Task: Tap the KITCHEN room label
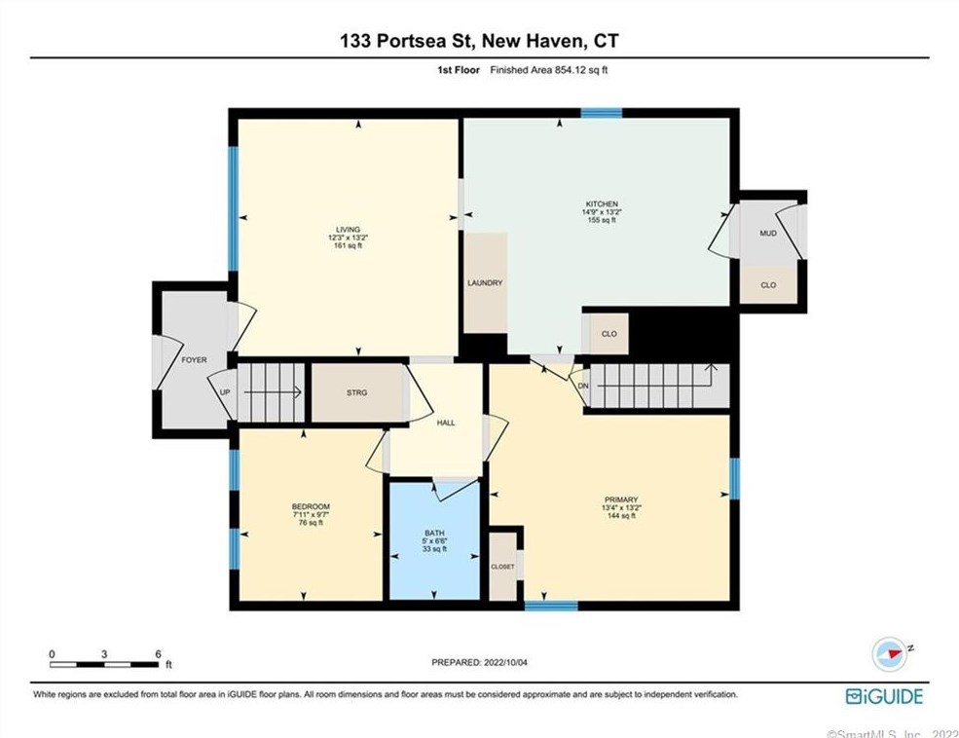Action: tap(602, 204)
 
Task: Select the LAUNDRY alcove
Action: tap(485, 283)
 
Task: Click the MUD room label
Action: tap(768, 234)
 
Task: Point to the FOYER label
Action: tap(194, 360)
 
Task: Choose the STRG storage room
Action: tap(357, 393)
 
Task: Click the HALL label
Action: tap(446, 423)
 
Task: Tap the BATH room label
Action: tap(433, 533)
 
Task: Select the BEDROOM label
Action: tap(311, 506)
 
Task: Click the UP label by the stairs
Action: tap(225, 393)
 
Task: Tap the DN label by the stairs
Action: tap(582, 386)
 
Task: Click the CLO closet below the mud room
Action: tap(768, 285)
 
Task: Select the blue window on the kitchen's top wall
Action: tap(601, 113)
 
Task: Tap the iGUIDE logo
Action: tap(883, 696)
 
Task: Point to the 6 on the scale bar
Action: tap(158, 653)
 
